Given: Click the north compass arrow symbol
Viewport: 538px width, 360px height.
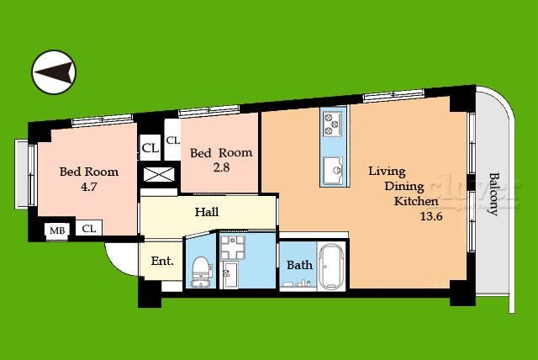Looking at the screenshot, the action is coord(54,72).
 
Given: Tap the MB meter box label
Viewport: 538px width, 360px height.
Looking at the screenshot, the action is coord(57,230).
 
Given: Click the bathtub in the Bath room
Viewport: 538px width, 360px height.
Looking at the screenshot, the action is coord(330,267).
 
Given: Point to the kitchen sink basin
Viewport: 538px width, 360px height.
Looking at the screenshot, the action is coord(333,169).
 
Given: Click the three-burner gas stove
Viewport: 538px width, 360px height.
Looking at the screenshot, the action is coord(333,123).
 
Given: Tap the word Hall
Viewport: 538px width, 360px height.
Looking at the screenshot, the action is coord(207,212).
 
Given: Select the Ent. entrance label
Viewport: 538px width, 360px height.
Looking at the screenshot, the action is coord(162,261).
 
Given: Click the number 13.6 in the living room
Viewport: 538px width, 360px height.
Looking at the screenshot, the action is coord(431,216).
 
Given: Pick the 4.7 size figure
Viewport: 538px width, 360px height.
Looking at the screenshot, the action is coord(89,187).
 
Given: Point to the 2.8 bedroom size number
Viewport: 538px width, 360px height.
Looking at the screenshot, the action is coord(221,167).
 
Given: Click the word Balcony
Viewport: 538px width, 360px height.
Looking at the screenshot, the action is coord(493,194).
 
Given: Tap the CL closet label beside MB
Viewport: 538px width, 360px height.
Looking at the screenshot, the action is coord(89,228).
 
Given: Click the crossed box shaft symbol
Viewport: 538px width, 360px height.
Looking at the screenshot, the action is coord(159,175).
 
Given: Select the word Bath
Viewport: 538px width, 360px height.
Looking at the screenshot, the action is coord(299,265).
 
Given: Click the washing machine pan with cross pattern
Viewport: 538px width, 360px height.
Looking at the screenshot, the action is coord(232,247).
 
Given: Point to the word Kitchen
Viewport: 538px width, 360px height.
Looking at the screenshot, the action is coord(416,201).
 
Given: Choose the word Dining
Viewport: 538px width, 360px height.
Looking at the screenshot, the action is coord(404,187).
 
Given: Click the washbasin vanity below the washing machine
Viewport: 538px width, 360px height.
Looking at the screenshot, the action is coord(229,275).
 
